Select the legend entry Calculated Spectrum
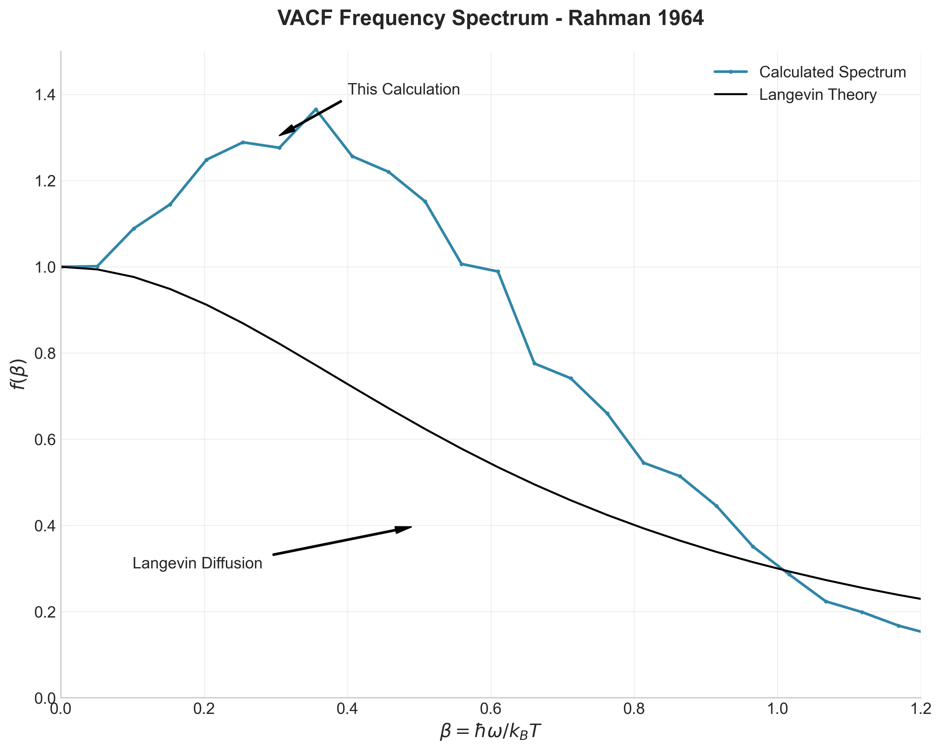832,72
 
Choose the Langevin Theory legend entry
818,95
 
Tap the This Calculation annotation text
403,89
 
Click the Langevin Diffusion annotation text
197,563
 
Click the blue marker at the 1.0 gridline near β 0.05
97,266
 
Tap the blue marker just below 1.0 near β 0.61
498,271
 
